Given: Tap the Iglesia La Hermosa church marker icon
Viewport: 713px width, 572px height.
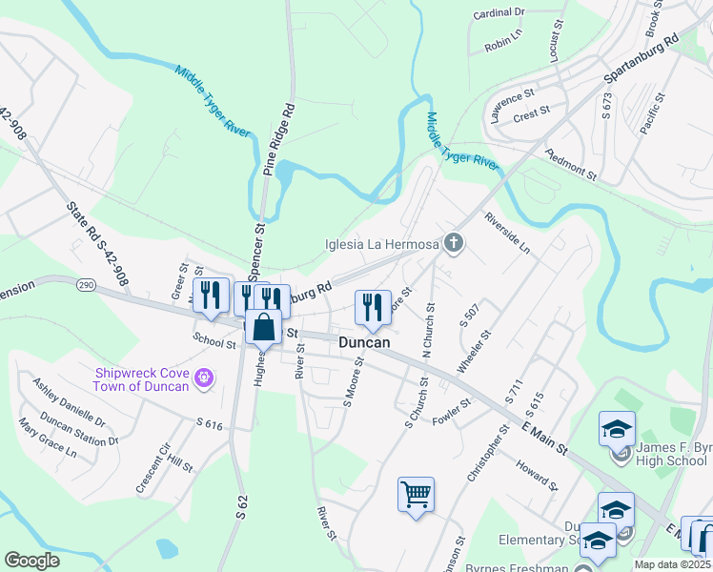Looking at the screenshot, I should coord(454,244).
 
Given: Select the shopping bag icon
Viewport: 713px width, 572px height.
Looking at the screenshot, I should coord(264,328).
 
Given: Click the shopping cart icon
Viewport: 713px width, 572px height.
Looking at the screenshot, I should coord(416,495).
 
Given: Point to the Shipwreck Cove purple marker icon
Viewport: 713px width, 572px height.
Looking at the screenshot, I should coord(202,378).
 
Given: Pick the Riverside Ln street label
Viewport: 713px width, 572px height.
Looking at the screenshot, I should coord(507,234).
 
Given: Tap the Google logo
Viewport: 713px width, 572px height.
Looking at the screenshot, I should coord(31,561).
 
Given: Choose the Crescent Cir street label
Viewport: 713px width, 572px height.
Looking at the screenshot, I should coord(153,469).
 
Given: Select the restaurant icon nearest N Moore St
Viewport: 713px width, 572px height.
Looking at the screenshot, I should coord(371,306).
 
